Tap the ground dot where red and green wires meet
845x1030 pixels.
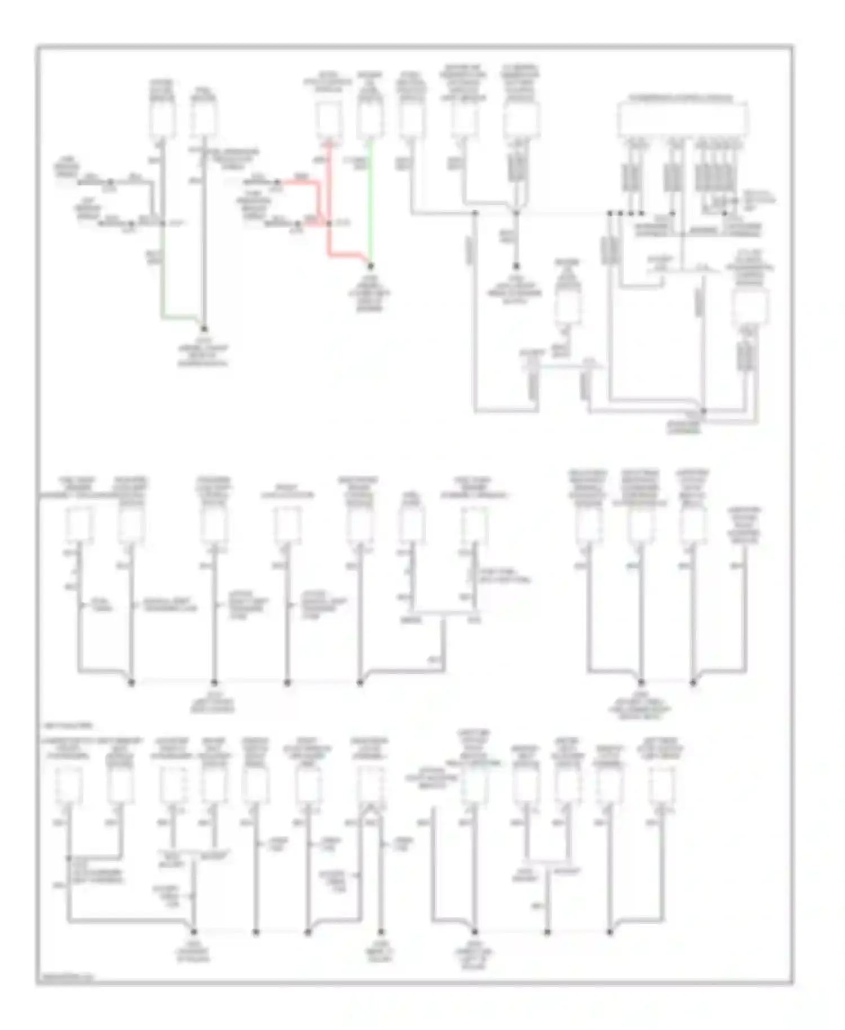(371, 265)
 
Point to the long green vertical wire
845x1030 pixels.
(370, 203)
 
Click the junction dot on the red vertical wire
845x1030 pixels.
(330, 224)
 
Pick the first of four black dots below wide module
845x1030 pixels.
(610, 213)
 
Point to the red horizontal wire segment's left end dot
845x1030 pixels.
(278, 182)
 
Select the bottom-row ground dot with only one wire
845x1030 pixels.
(381, 933)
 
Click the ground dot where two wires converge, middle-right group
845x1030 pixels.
(693, 682)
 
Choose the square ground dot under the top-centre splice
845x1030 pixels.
(515, 267)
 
